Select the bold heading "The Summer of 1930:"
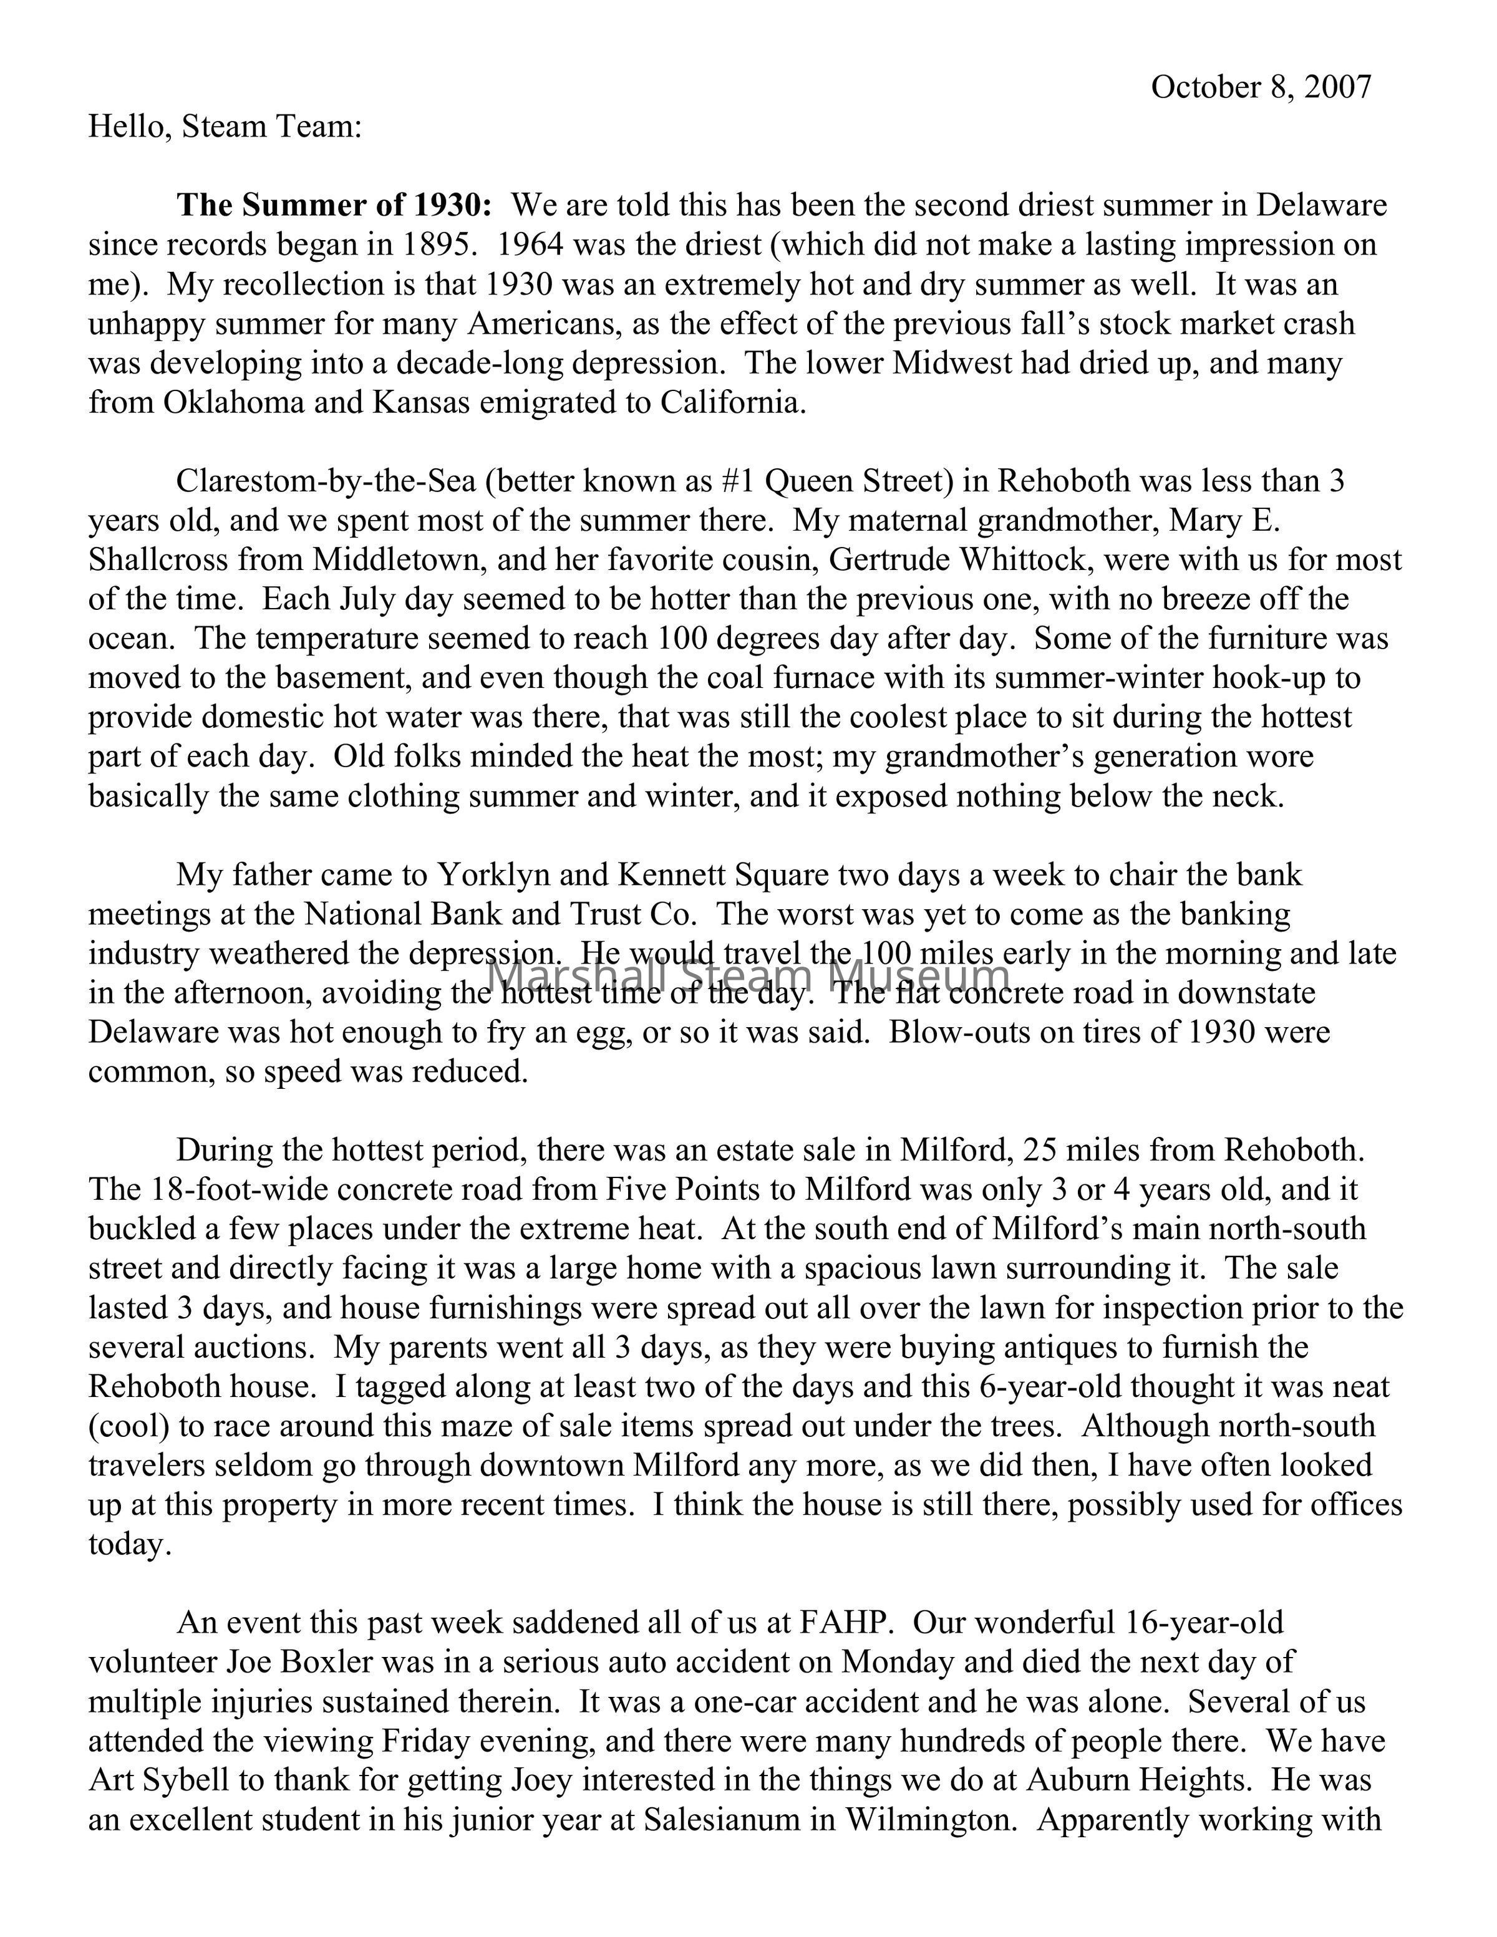[334, 205]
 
